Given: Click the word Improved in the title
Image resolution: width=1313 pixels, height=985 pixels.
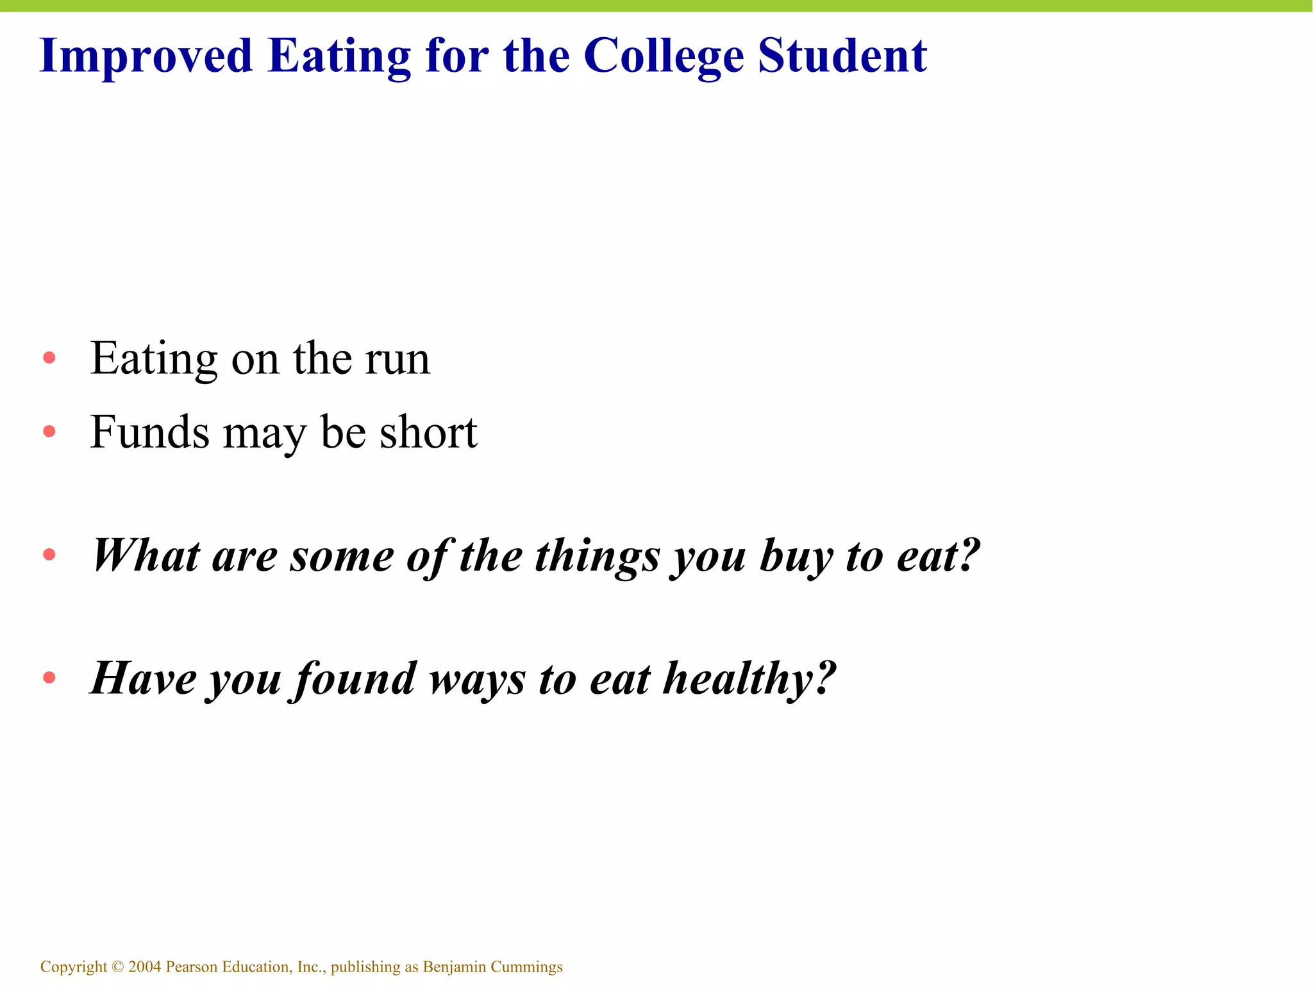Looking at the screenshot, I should coord(146,56).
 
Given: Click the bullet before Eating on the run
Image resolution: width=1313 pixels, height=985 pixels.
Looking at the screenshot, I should coord(49,358).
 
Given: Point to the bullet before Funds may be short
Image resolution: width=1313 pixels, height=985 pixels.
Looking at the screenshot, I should coord(49,432).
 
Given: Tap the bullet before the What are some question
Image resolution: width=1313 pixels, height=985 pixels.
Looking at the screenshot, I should coord(49,555).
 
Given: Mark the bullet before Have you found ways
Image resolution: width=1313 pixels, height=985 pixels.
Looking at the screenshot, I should coord(49,678).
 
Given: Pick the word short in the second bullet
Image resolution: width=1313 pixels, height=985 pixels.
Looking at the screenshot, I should coord(428,432).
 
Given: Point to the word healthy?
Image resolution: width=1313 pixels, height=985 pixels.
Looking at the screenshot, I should coord(749,678).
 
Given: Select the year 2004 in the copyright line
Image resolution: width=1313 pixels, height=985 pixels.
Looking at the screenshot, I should coord(145,966).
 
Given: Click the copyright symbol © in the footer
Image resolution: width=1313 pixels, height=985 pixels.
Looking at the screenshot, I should coord(117,967).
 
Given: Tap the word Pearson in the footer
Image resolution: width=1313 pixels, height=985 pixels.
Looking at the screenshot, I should coord(191,966).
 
